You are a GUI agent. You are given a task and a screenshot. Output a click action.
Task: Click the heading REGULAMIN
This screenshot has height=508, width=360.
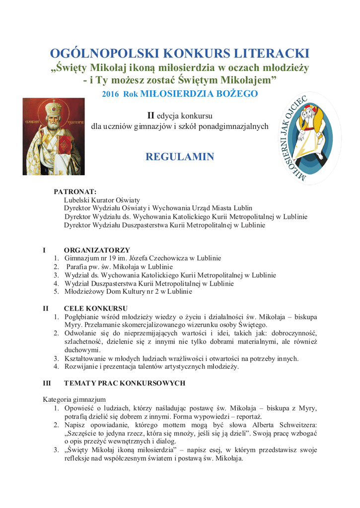[x=180, y=157]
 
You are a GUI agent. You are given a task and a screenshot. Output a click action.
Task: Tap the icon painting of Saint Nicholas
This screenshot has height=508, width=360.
[x=54, y=136]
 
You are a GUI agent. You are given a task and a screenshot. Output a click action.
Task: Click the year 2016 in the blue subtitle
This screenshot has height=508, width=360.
[x=111, y=94]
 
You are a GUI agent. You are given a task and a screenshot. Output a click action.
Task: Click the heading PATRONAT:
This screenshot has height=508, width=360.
[x=75, y=191]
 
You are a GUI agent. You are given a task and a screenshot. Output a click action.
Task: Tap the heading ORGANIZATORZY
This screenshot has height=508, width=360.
[x=97, y=250]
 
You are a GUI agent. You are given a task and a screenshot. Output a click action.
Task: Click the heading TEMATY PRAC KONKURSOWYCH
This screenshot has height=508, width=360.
[x=125, y=383]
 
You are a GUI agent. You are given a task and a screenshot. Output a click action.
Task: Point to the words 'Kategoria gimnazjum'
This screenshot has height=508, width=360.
[x=74, y=399]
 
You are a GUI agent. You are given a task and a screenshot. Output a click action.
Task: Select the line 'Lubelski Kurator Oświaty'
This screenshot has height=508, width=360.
[x=102, y=200]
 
